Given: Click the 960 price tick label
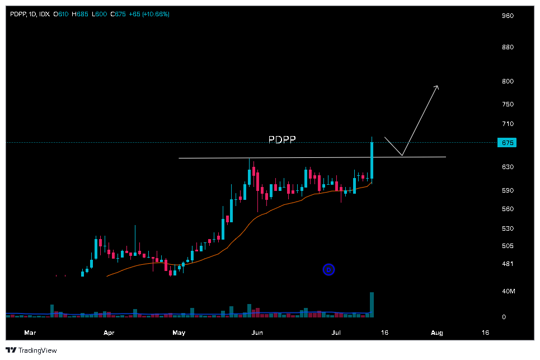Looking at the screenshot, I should [508, 16].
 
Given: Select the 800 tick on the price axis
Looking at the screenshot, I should [508, 81].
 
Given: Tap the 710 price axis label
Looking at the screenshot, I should [508, 124].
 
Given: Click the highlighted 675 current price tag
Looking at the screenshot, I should [507, 143].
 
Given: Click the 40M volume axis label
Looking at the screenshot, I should [509, 291].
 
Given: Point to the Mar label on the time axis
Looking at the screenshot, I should [30, 333].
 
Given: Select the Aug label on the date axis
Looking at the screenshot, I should [438, 333].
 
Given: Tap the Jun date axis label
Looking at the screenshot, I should [257, 333].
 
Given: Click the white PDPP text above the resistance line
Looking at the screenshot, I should [281, 140].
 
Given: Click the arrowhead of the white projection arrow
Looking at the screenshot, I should [437, 87].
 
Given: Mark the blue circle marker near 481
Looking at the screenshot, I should [328, 270].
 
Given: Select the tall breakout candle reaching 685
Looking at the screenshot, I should [372, 160].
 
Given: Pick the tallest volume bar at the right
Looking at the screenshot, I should [372, 305].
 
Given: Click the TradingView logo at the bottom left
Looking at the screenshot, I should [31, 350].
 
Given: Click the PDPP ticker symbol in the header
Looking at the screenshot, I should [18, 14].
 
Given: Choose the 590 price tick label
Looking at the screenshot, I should [508, 190].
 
